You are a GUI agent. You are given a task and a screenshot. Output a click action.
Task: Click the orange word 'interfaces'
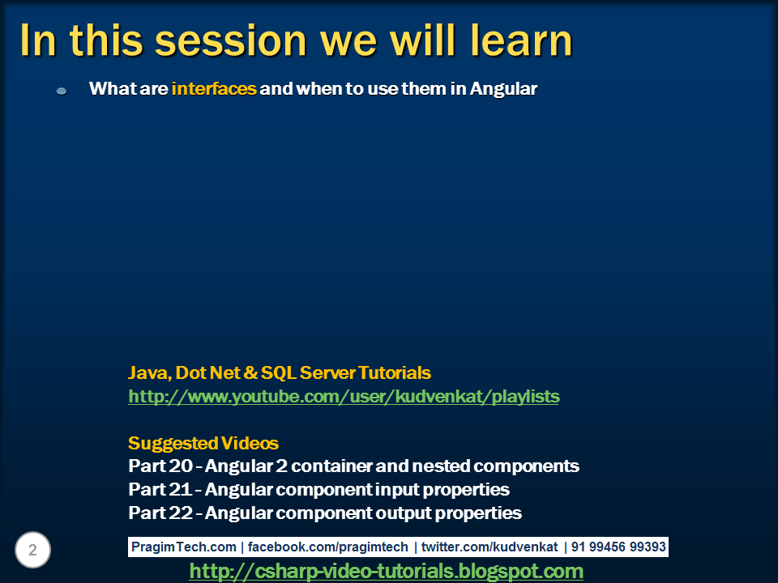214,89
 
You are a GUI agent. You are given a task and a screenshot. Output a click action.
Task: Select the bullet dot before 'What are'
62,91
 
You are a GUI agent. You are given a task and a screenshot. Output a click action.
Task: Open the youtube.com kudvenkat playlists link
344,397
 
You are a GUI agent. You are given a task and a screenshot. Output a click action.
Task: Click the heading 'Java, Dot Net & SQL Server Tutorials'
280,373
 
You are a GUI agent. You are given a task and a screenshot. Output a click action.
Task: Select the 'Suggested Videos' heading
203,444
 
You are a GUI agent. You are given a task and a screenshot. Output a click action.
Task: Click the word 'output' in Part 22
403,513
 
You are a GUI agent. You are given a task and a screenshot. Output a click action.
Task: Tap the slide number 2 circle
32,551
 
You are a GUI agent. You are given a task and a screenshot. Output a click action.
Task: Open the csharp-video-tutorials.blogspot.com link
386,572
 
